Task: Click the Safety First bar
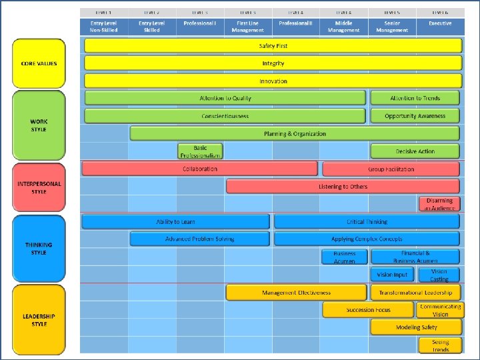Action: (x=273, y=46)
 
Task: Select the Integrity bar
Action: (x=273, y=63)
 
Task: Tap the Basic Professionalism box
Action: (x=200, y=151)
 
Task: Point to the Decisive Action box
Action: (x=415, y=151)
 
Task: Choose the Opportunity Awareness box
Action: (x=415, y=116)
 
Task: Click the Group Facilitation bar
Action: (x=391, y=169)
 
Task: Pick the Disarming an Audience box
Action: (x=439, y=204)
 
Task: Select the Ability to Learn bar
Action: (x=176, y=221)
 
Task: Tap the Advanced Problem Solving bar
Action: (x=199, y=239)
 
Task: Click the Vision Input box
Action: (x=392, y=275)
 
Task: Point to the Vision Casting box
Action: (x=439, y=275)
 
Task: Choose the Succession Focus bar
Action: (x=369, y=310)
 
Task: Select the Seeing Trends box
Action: (x=439, y=345)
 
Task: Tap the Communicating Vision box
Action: (x=439, y=310)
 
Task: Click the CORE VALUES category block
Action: (x=39, y=63)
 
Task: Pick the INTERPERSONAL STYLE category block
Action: (x=39, y=187)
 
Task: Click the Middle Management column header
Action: (x=343, y=26)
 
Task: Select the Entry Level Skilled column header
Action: (x=152, y=26)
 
